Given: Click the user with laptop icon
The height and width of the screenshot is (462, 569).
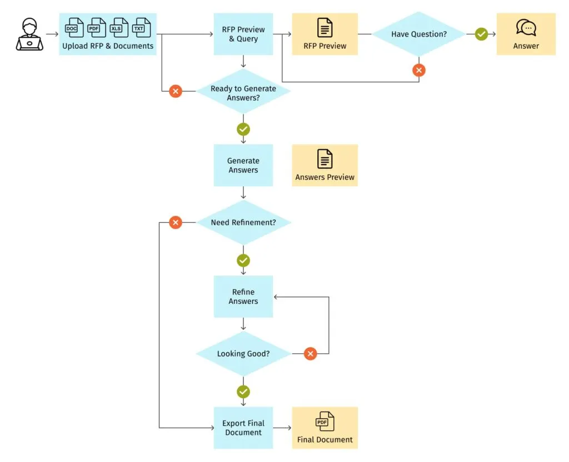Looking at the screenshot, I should [x=29, y=34].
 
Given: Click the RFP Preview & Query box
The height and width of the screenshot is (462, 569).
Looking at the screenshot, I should [x=243, y=34].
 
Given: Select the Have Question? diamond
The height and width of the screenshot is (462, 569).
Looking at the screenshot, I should [x=418, y=34].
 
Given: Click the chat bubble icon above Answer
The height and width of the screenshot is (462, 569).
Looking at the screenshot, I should [x=526, y=28].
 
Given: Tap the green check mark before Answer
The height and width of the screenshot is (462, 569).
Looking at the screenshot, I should [x=481, y=34].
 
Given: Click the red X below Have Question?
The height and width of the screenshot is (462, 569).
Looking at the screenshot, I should [x=419, y=70].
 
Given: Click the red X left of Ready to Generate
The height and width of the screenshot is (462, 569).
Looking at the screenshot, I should [x=176, y=92].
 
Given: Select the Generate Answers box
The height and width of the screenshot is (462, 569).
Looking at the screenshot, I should [x=243, y=165].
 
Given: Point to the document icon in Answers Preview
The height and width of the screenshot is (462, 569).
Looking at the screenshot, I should [x=325, y=159].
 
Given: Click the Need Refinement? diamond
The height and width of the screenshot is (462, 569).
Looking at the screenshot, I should [x=243, y=222].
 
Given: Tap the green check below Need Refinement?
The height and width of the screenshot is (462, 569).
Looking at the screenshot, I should [x=243, y=261].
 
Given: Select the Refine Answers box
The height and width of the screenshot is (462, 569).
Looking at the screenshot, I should [x=243, y=297].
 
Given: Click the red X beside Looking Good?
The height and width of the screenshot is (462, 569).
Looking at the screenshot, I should [x=311, y=354].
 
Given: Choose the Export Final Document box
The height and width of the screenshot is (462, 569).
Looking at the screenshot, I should [x=243, y=428].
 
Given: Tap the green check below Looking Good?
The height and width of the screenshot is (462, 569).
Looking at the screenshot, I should [x=243, y=392].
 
